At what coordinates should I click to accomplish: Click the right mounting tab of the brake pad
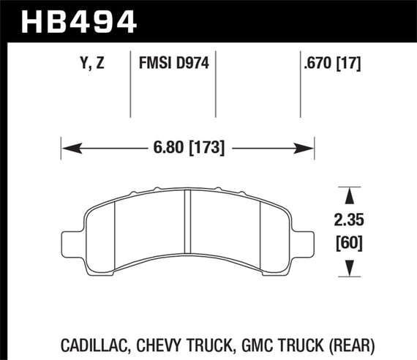[304, 239]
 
